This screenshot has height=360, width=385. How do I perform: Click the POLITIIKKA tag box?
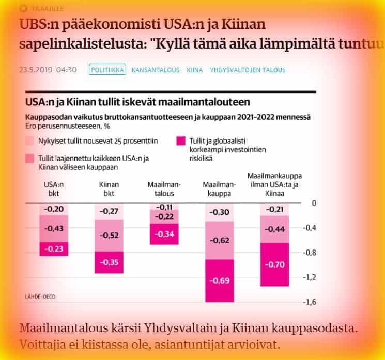(x=107, y=69)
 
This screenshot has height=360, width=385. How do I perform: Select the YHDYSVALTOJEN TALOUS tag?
(x=248, y=69)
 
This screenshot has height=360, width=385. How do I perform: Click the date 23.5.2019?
(x=34, y=69)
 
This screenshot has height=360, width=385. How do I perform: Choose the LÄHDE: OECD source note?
(x=40, y=296)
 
